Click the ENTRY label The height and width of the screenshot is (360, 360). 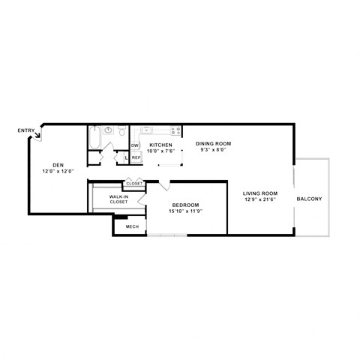pyautogui.click(x=25, y=131)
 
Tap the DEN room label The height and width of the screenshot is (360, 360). pyautogui.click(x=57, y=165)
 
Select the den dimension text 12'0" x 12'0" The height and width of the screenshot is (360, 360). pyautogui.click(x=57, y=172)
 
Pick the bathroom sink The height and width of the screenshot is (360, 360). pyautogui.click(x=109, y=130)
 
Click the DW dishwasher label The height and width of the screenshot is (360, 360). pyautogui.click(x=136, y=145)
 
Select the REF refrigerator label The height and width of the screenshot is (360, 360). pyautogui.click(x=136, y=157)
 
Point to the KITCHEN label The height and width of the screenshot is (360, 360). pyautogui.click(x=160, y=145)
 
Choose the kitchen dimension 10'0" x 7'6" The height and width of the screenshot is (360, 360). pyautogui.click(x=160, y=151)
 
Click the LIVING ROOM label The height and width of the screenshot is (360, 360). pyautogui.click(x=259, y=193)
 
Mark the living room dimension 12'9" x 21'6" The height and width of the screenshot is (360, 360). pyautogui.click(x=259, y=200)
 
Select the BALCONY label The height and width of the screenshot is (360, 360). pyautogui.click(x=309, y=199)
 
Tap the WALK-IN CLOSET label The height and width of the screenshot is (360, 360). pyautogui.click(x=118, y=199)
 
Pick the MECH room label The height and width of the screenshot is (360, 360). pyautogui.click(x=131, y=226)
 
